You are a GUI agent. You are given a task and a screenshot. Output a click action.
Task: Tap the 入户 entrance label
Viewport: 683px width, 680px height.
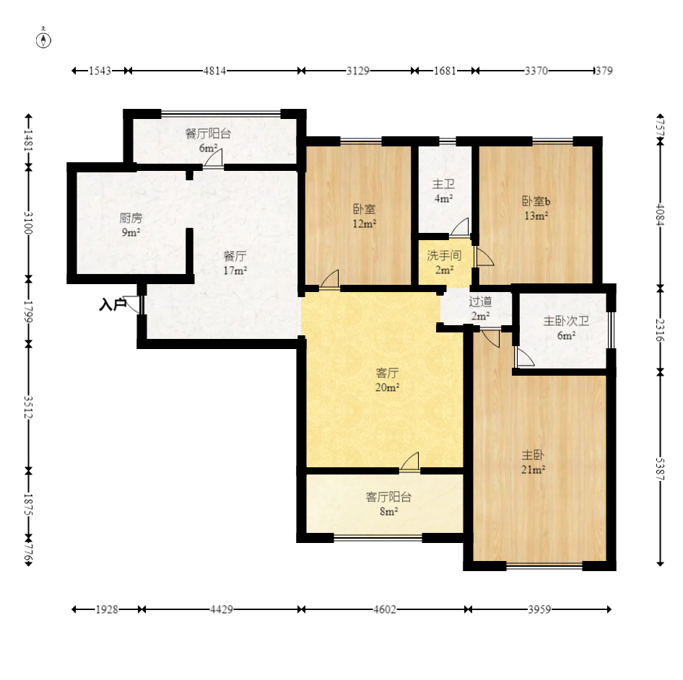(113, 305)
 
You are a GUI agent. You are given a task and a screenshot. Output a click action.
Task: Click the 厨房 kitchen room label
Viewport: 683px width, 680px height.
(131, 225)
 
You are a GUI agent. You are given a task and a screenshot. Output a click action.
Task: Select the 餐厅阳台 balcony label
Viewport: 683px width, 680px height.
(208, 140)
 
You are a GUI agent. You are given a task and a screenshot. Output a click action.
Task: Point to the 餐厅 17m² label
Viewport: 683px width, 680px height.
(235, 262)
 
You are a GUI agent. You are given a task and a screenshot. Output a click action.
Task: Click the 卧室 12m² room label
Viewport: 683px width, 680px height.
(364, 216)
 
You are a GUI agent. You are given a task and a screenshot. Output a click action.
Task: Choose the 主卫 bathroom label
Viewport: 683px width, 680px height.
(443, 191)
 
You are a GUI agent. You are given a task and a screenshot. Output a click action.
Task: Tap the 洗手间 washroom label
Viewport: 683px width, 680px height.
(444, 262)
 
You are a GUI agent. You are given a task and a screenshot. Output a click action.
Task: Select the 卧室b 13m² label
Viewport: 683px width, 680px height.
(536, 208)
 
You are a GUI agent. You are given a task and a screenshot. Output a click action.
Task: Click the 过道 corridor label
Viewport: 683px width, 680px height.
(480, 308)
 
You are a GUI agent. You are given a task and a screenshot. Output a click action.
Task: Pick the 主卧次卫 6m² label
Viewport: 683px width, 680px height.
(566, 328)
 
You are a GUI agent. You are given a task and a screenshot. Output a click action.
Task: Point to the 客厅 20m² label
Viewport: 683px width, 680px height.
(387, 380)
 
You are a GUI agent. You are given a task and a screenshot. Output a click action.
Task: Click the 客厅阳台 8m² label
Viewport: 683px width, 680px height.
(388, 504)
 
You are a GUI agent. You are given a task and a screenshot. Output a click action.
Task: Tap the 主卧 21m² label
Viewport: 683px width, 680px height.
(533, 462)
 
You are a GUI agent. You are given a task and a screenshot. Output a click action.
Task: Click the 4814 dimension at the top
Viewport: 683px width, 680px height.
(214, 71)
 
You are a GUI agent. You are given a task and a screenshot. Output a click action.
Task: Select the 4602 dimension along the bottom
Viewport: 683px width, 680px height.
(385, 609)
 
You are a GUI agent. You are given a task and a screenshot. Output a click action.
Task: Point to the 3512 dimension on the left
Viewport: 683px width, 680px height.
(28, 407)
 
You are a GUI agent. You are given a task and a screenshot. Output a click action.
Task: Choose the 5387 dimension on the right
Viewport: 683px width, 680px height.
(661, 469)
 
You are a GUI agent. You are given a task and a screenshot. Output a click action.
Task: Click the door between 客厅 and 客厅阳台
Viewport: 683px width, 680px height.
(409, 462)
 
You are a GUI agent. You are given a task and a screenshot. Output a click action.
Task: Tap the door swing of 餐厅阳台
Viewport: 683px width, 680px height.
(214, 158)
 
